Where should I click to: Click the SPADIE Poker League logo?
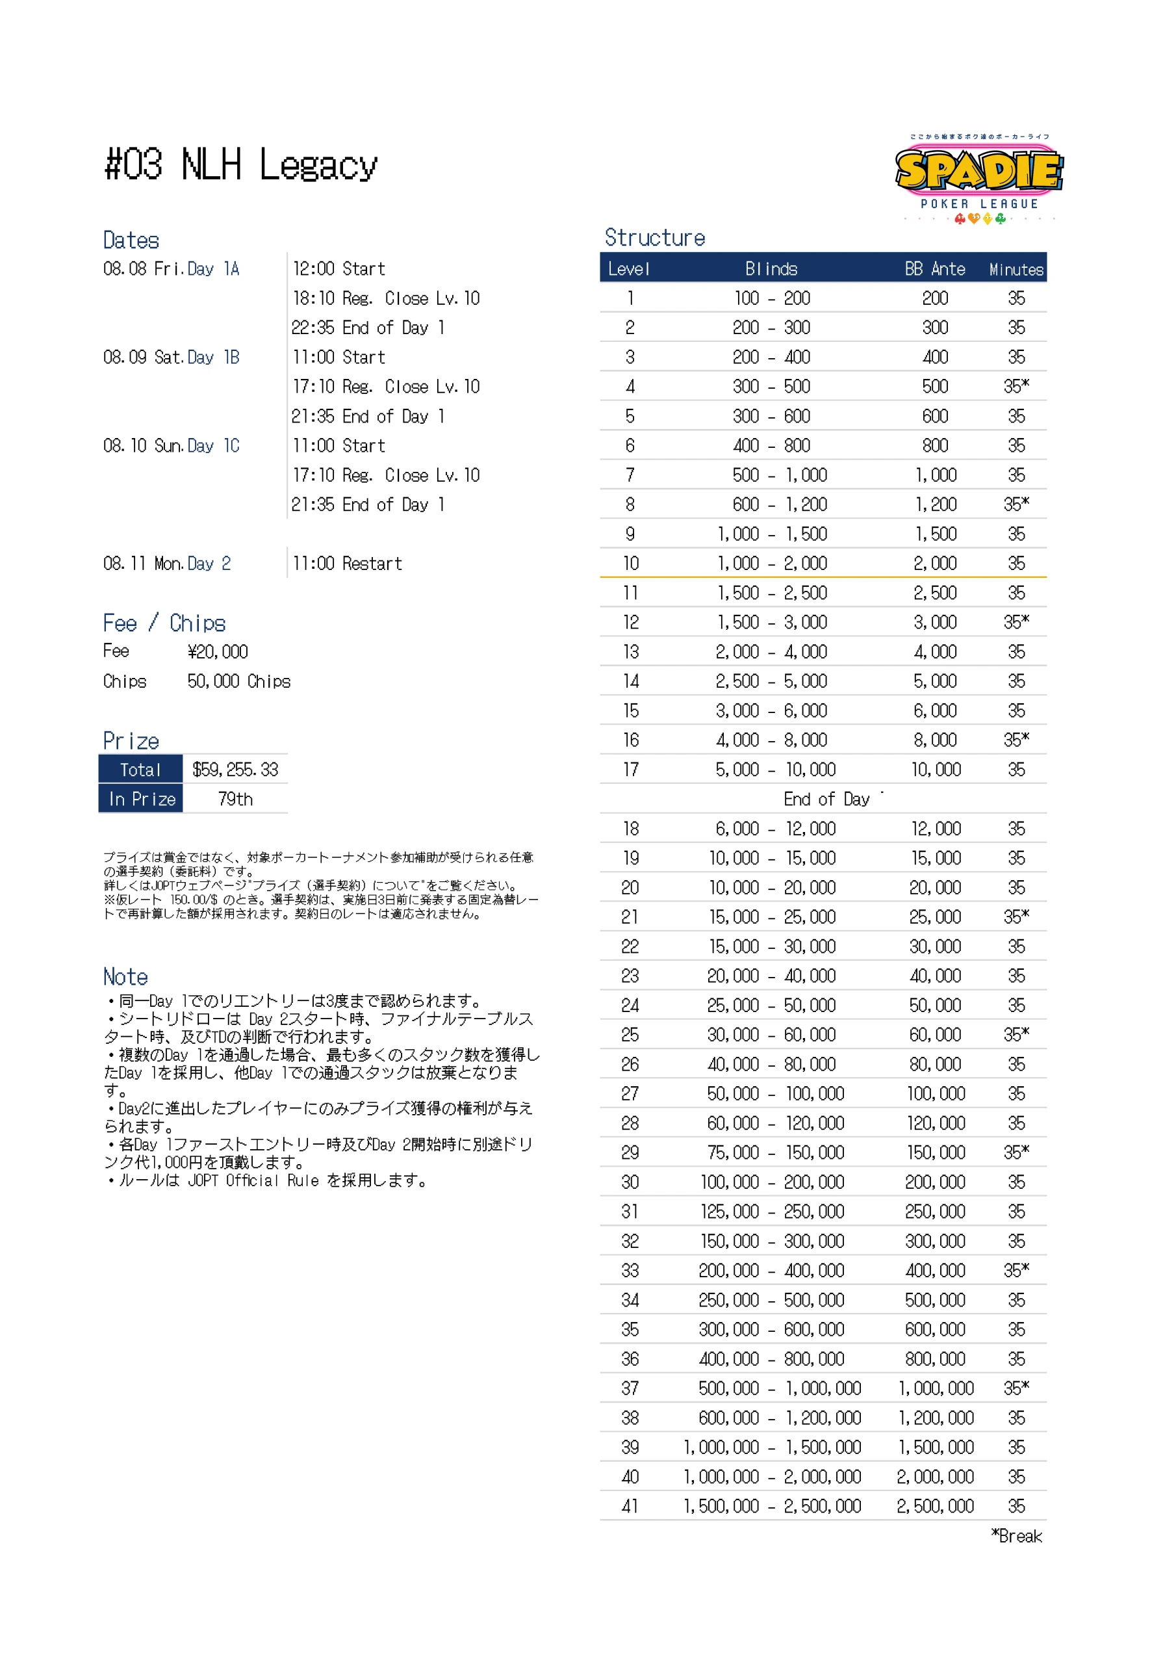pyautogui.click(x=979, y=177)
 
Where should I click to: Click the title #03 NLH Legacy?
pyautogui.click(x=241, y=165)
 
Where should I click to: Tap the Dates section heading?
pyautogui.click(x=131, y=240)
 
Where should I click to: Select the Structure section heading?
pyautogui.click(x=654, y=238)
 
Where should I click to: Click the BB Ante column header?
pyautogui.click(x=935, y=269)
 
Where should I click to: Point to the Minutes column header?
pyautogui.click(x=1016, y=270)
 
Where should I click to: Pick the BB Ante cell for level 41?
pyautogui.click(x=935, y=1506)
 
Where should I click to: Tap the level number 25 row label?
pyautogui.click(x=630, y=1035)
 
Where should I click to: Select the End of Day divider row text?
pyautogui.click(x=826, y=799)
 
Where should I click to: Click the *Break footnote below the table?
pyautogui.click(x=1017, y=1537)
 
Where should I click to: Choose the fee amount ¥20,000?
pyautogui.click(x=218, y=652)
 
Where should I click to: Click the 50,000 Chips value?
pyautogui.click(x=238, y=681)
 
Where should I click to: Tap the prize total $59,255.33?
pyautogui.click(x=235, y=770)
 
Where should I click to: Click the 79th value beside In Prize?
pyautogui.click(x=235, y=799)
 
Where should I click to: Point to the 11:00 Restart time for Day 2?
pyautogui.click(x=347, y=564)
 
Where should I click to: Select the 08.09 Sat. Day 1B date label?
pyautogui.click(x=171, y=357)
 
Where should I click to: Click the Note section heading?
pyautogui.click(x=125, y=977)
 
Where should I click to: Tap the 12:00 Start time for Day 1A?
pyautogui.click(x=339, y=269)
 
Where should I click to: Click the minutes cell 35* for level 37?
pyautogui.click(x=1016, y=1388)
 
